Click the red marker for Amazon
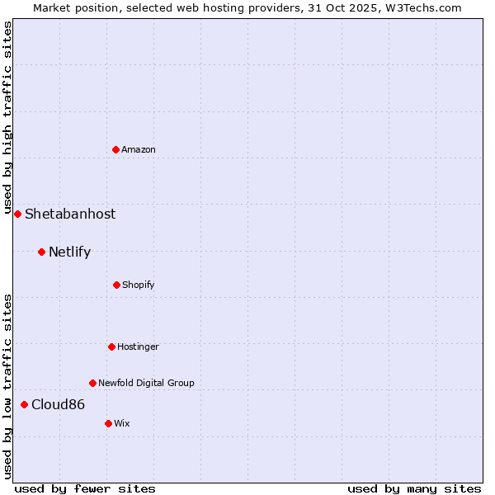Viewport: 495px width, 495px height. point(116,149)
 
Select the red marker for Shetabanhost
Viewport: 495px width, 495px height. point(17,214)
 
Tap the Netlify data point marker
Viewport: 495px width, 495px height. point(41,252)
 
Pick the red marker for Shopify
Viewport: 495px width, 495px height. point(116,285)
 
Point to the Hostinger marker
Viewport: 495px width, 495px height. point(111,346)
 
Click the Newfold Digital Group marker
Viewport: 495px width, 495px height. point(92,383)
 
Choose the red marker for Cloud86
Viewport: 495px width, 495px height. point(24,404)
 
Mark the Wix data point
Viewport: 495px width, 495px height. point(108,423)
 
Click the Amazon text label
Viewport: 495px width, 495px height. point(139,149)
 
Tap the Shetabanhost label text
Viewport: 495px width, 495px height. point(70,214)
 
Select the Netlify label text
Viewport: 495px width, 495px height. point(69,252)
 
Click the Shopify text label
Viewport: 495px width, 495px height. point(139,285)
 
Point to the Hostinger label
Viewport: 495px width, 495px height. point(138,346)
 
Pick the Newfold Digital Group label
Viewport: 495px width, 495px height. point(146,383)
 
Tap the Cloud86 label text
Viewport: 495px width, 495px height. point(58,404)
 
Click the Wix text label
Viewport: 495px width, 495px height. point(122,423)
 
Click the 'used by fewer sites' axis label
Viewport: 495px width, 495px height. point(85,488)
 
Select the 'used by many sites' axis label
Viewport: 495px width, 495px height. point(414,488)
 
